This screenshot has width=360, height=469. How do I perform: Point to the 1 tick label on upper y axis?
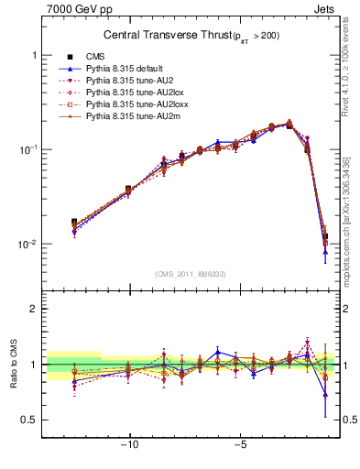33,55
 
